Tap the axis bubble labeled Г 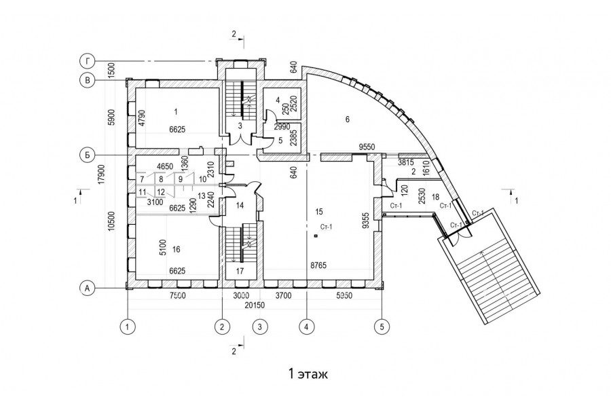[x=87, y=62]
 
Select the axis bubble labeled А [x=87, y=288]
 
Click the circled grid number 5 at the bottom [x=382, y=327]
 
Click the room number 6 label [x=347, y=119]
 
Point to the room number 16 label [x=177, y=250]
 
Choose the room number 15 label [x=319, y=211]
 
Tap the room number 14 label [x=240, y=205]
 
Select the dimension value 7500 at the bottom [x=177, y=297]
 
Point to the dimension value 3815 [x=406, y=163]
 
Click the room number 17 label [x=240, y=272]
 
